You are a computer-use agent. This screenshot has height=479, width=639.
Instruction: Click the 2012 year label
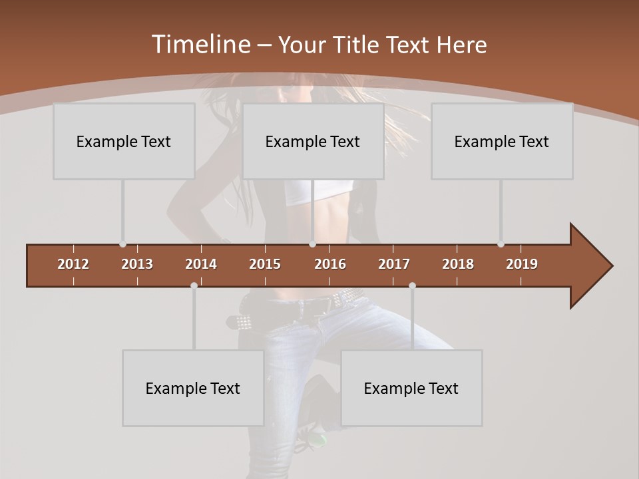click(73, 264)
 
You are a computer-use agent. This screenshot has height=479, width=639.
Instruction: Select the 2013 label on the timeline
click(137, 264)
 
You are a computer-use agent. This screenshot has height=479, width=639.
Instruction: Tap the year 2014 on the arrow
click(201, 264)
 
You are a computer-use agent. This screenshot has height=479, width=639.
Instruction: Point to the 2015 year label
click(265, 264)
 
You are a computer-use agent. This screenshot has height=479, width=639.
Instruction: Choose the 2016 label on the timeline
click(330, 264)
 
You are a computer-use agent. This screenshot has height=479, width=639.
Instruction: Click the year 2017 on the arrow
click(394, 264)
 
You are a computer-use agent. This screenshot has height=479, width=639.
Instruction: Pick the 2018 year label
click(458, 264)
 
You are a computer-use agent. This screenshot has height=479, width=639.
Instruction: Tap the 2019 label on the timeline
click(522, 264)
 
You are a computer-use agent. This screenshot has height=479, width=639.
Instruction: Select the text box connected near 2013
click(124, 141)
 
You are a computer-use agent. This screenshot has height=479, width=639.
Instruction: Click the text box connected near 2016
click(313, 141)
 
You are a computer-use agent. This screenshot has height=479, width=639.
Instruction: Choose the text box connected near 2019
click(502, 141)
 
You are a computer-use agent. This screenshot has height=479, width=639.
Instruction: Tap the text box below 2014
click(193, 388)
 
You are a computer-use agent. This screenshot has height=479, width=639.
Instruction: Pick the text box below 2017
click(411, 388)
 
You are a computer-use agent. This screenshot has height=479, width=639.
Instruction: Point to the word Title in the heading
click(360, 45)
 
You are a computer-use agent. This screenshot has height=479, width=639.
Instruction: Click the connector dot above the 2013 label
click(122, 244)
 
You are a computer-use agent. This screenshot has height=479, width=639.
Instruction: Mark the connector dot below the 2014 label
click(194, 286)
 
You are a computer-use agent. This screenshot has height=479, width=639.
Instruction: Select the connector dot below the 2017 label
click(412, 286)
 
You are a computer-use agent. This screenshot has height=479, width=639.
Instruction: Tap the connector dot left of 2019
click(501, 244)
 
